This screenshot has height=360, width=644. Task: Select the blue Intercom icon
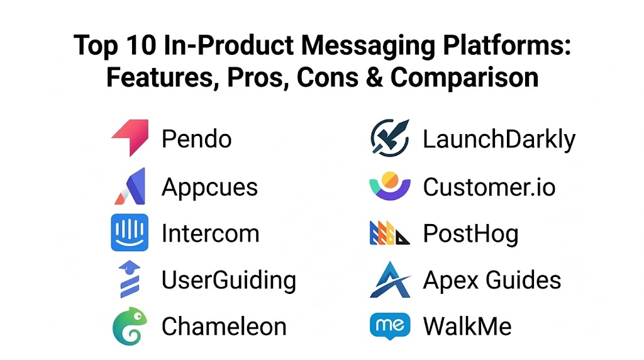130,232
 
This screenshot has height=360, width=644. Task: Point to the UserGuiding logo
130,279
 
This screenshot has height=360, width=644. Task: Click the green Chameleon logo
130,326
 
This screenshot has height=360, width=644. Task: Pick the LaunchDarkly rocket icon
390,138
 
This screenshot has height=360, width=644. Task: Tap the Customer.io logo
390,186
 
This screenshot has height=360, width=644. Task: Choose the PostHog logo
390,233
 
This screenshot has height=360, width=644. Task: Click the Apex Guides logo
390,280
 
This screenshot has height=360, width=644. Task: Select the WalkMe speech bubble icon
390,326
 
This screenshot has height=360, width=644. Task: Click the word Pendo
196,139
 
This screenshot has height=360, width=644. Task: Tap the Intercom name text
210,233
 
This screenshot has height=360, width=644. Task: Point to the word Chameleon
224,326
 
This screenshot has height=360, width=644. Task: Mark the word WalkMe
467,326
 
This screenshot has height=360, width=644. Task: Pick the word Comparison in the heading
464,78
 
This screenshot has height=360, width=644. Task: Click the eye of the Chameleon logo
139,317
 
